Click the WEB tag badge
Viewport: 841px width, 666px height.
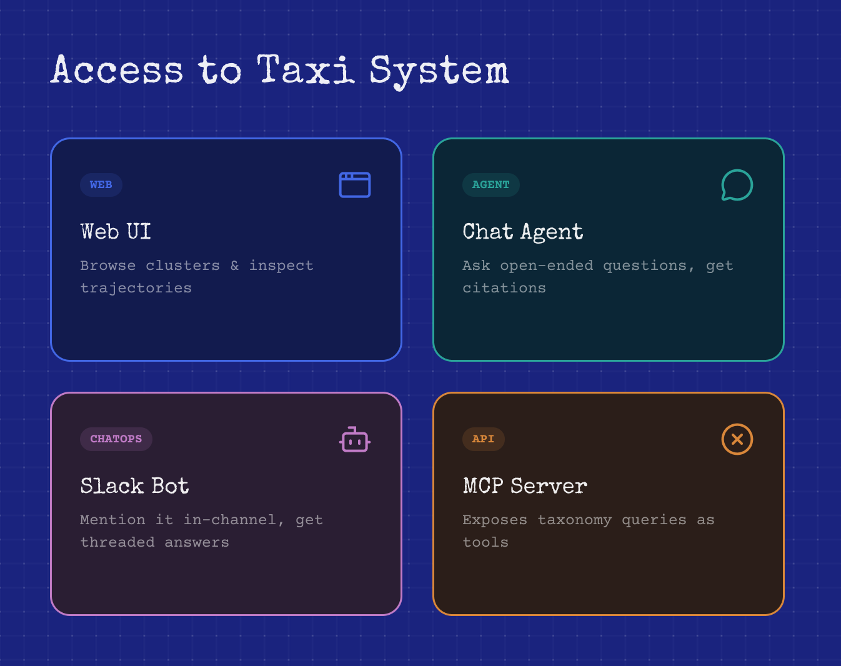pos(101,185)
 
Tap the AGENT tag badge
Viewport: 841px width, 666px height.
pos(491,185)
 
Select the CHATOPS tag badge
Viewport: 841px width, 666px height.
pos(116,439)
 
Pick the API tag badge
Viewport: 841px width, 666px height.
pos(484,439)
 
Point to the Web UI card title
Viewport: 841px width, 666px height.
pos(116,231)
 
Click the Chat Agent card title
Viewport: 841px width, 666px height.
pos(523,232)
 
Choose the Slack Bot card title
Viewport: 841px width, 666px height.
pos(134,486)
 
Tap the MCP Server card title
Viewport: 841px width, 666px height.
pos(525,486)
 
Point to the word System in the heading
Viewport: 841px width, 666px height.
pos(439,72)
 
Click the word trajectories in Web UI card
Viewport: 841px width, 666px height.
pos(136,289)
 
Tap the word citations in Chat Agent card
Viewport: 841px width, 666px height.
pos(504,288)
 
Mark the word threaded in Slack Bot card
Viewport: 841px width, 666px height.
pos(117,542)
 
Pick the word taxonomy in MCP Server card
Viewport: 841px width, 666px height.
pos(574,520)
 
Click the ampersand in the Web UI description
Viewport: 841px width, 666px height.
pos(234,266)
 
